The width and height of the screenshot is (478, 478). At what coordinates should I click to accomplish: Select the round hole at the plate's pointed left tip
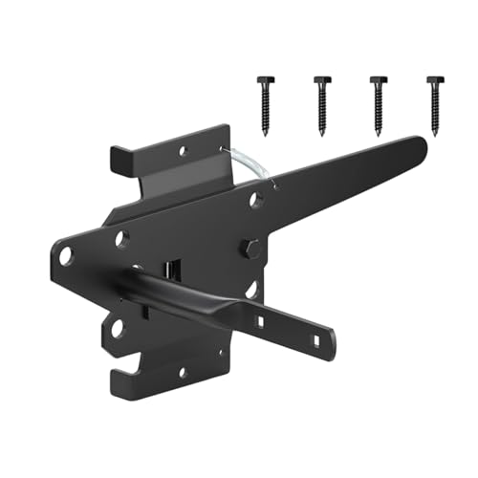(66, 255)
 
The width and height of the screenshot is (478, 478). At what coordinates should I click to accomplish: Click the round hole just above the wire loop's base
(254, 200)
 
